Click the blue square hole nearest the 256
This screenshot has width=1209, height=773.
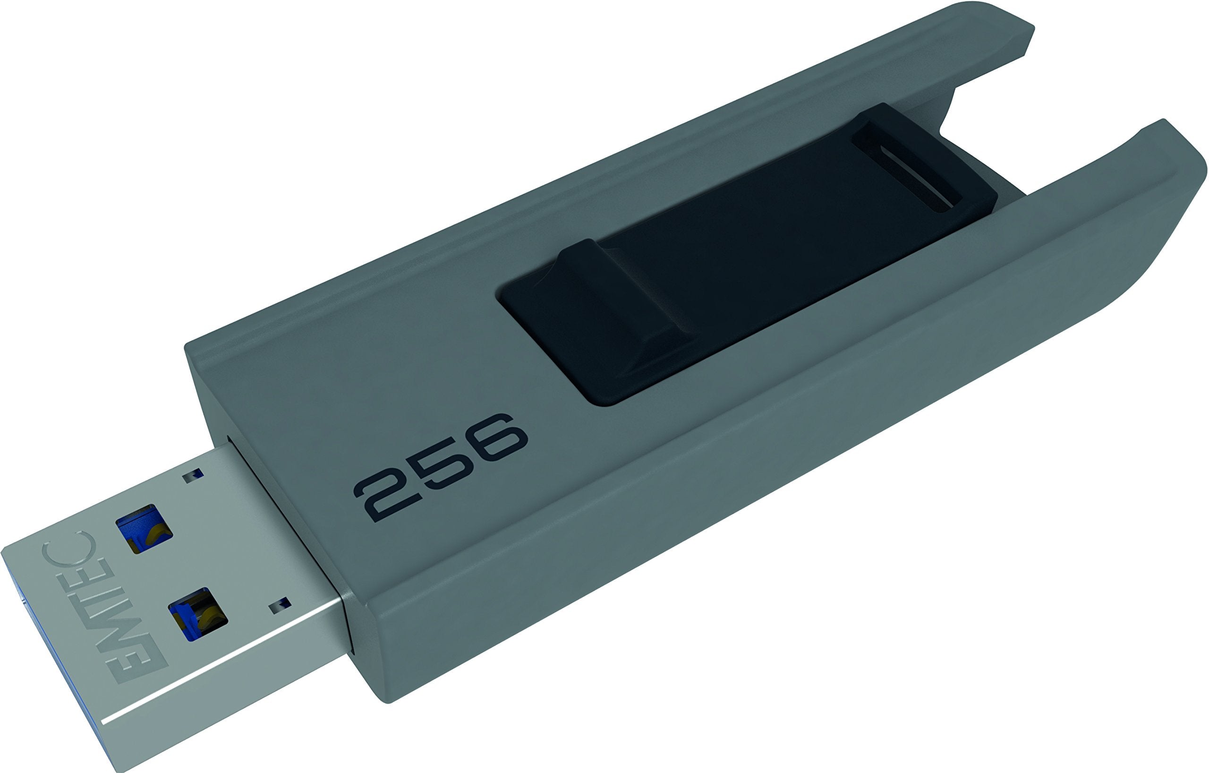pyautogui.click(x=144, y=528)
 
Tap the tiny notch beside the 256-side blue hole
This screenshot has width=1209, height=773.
pyautogui.click(x=193, y=476)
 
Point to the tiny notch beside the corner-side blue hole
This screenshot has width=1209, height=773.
pyautogui.click(x=280, y=607)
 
